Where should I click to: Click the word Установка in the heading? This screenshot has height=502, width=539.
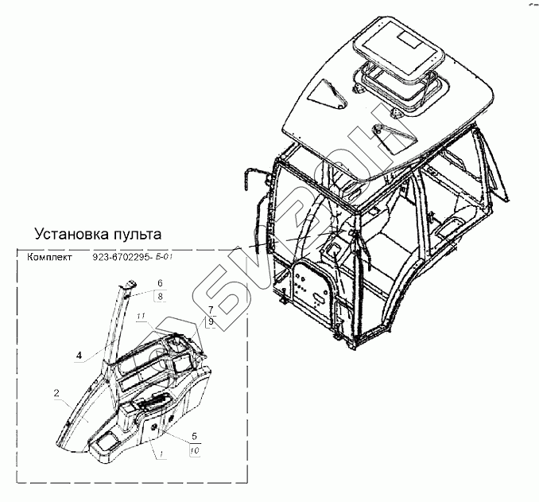(72, 235)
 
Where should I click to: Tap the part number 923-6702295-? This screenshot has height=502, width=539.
(126, 258)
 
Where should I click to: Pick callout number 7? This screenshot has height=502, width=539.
(210, 309)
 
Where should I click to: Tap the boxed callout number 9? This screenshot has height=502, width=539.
(211, 321)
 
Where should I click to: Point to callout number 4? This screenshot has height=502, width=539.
(79, 356)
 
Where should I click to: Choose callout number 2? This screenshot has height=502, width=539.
(56, 393)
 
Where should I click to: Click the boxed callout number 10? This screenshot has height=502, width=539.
(195, 451)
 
